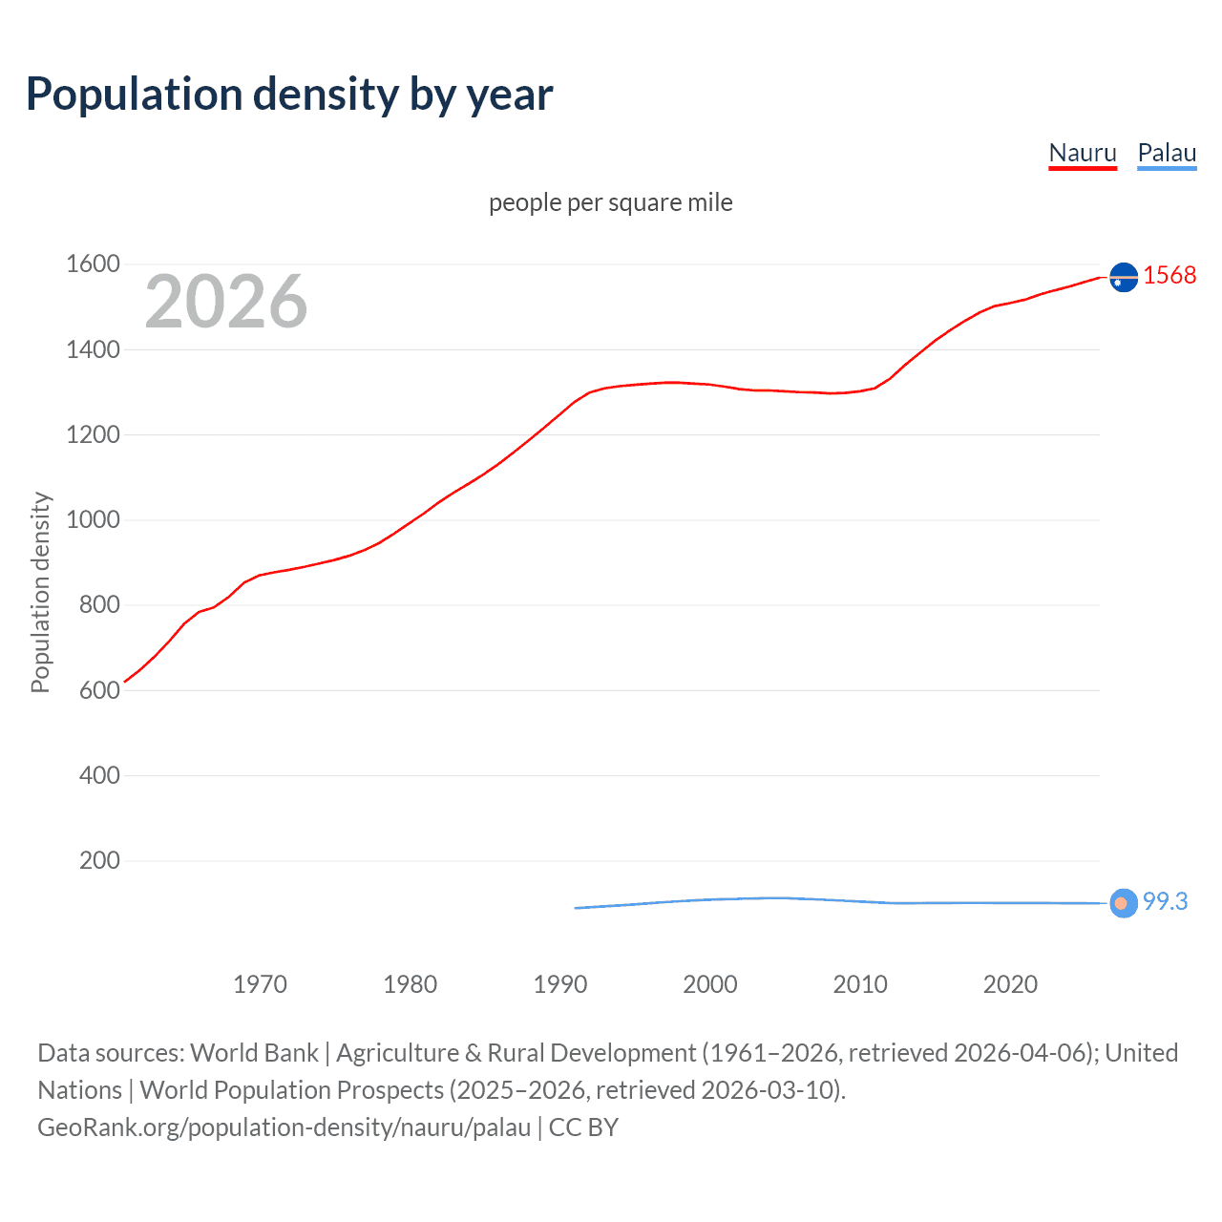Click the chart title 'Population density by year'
pyautogui.click(x=289, y=95)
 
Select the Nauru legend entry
pyautogui.click(x=1082, y=154)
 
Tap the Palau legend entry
pyautogui.click(x=1167, y=154)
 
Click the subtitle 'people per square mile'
pyautogui.click(x=610, y=203)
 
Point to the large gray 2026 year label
pyautogui.click(x=226, y=302)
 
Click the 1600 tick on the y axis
pyautogui.click(x=93, y=264)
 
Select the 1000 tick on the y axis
pyautogui.click(x=93, y=520)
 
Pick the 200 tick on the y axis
pyautogui.click(x=99, y=861)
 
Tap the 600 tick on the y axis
pyautogui.click(x=99, y=690)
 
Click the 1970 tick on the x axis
pyautogui.click(x=260, y=984)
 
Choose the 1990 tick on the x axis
pyautogui.click(x=560, y=984)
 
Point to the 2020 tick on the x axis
pyautogui.click(x=1010, y=984)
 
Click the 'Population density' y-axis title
pyautogui.click(x=40, y=592)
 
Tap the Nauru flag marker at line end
pyautogui.click(x=1124, y=277)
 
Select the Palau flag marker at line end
pyautogui.click(x=1124, y=903)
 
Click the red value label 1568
pyautogui.click(x=1169, y=276)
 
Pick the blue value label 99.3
pyautogui.click(x=1165, y=902)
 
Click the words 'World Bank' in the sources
pyautogui.click(x=254, y=1053)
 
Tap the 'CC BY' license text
pyautogui.click(x=583, y=1127)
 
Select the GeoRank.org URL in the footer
pyautogui.click(x=284, y=1127)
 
